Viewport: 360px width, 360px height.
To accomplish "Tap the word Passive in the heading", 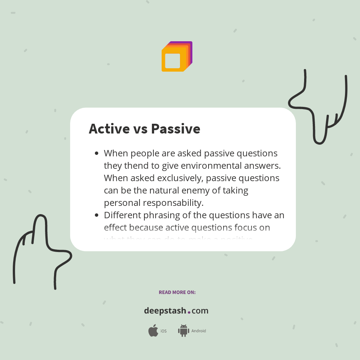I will pyautogui.click(x=175, y=129).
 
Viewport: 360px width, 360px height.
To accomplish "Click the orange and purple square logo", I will pyautogui.click(x=177, y=56).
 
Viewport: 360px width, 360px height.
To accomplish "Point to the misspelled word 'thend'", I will pyautogui.click(x=134, y=166).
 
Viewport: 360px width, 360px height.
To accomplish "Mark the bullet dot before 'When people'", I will pyautogui.click(x=97, y=153).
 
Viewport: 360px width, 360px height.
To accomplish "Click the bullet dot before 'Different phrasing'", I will pyautogui.click(x=97, y=215).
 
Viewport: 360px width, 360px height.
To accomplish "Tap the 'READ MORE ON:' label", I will pyautogui.click(x=177, y=292).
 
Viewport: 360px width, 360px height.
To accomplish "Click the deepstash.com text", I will pyautogui.click(x=176, y=311).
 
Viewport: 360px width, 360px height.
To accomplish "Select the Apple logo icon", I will pyautogui.click(x=153, y=331).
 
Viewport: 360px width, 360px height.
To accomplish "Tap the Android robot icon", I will pyautogui.click(x=183, y=331).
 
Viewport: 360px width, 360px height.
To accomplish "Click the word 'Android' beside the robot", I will pyautogui.click(x=199, y=331).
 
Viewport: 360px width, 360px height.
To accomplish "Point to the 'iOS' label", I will pyautogui.click(x=163, y=331).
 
